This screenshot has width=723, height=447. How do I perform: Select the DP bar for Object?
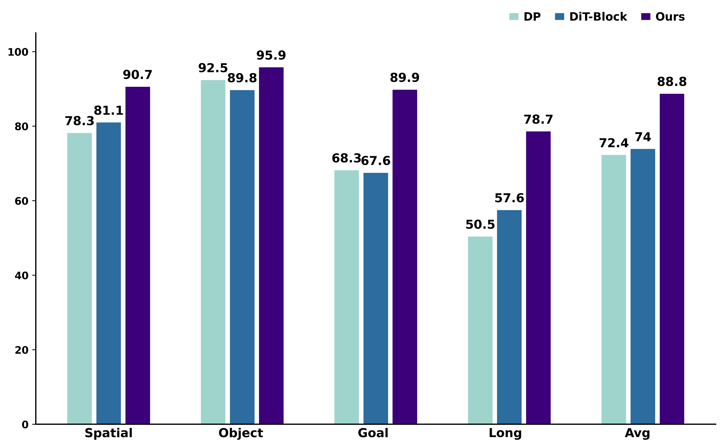[x=213, y=252]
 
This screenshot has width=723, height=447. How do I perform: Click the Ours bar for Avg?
[x=672, y=259]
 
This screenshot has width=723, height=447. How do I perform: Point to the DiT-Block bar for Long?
[x=509, y=317]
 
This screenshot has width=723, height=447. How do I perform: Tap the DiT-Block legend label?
[x=598, y=17]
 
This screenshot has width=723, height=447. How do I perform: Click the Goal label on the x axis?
[x=373, y=433]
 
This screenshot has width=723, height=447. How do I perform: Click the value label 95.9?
[x=271, y=55]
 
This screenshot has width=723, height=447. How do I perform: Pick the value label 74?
[x=643, y=137]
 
